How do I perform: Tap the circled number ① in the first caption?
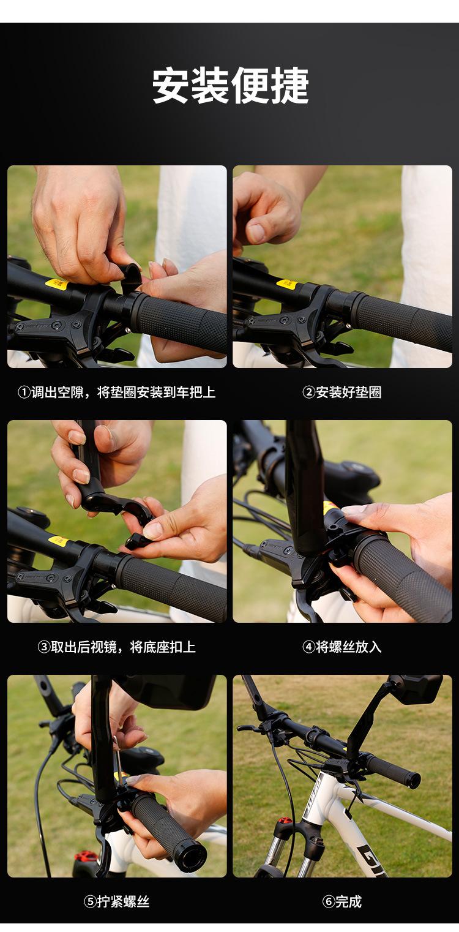click(24, 392)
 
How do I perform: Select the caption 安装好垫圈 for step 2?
click(348, 392)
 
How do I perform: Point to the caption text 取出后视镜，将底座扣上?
click(123, 647)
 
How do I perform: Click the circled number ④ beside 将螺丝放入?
click(308, 647)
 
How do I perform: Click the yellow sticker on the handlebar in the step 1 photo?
click(57, 285)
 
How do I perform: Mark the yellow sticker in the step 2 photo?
click(287, 285)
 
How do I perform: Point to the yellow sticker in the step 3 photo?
click(59, 541)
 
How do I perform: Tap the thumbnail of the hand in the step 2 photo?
click(256, 233)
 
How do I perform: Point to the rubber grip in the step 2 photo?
click(401, 321)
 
